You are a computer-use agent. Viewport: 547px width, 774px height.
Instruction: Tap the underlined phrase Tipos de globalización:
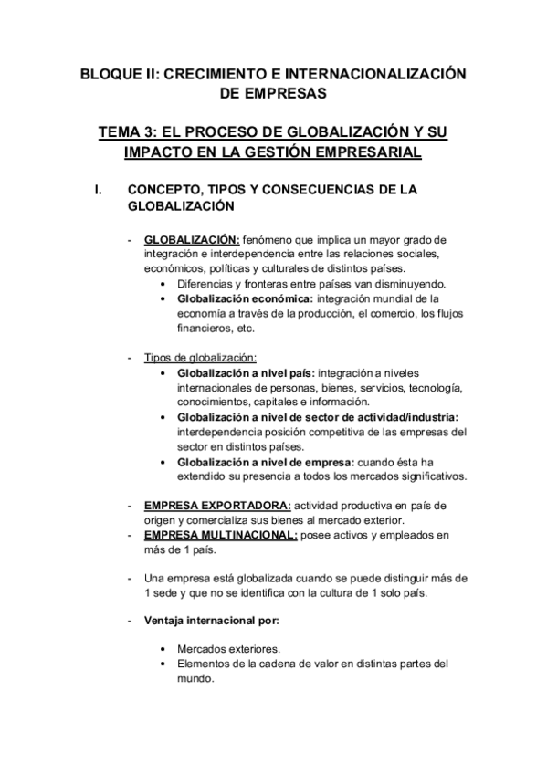[x=201, y=357]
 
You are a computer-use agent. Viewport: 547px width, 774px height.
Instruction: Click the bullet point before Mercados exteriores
[x=162, y=650]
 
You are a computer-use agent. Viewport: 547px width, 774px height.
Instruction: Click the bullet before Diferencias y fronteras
[x=162, y=284]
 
